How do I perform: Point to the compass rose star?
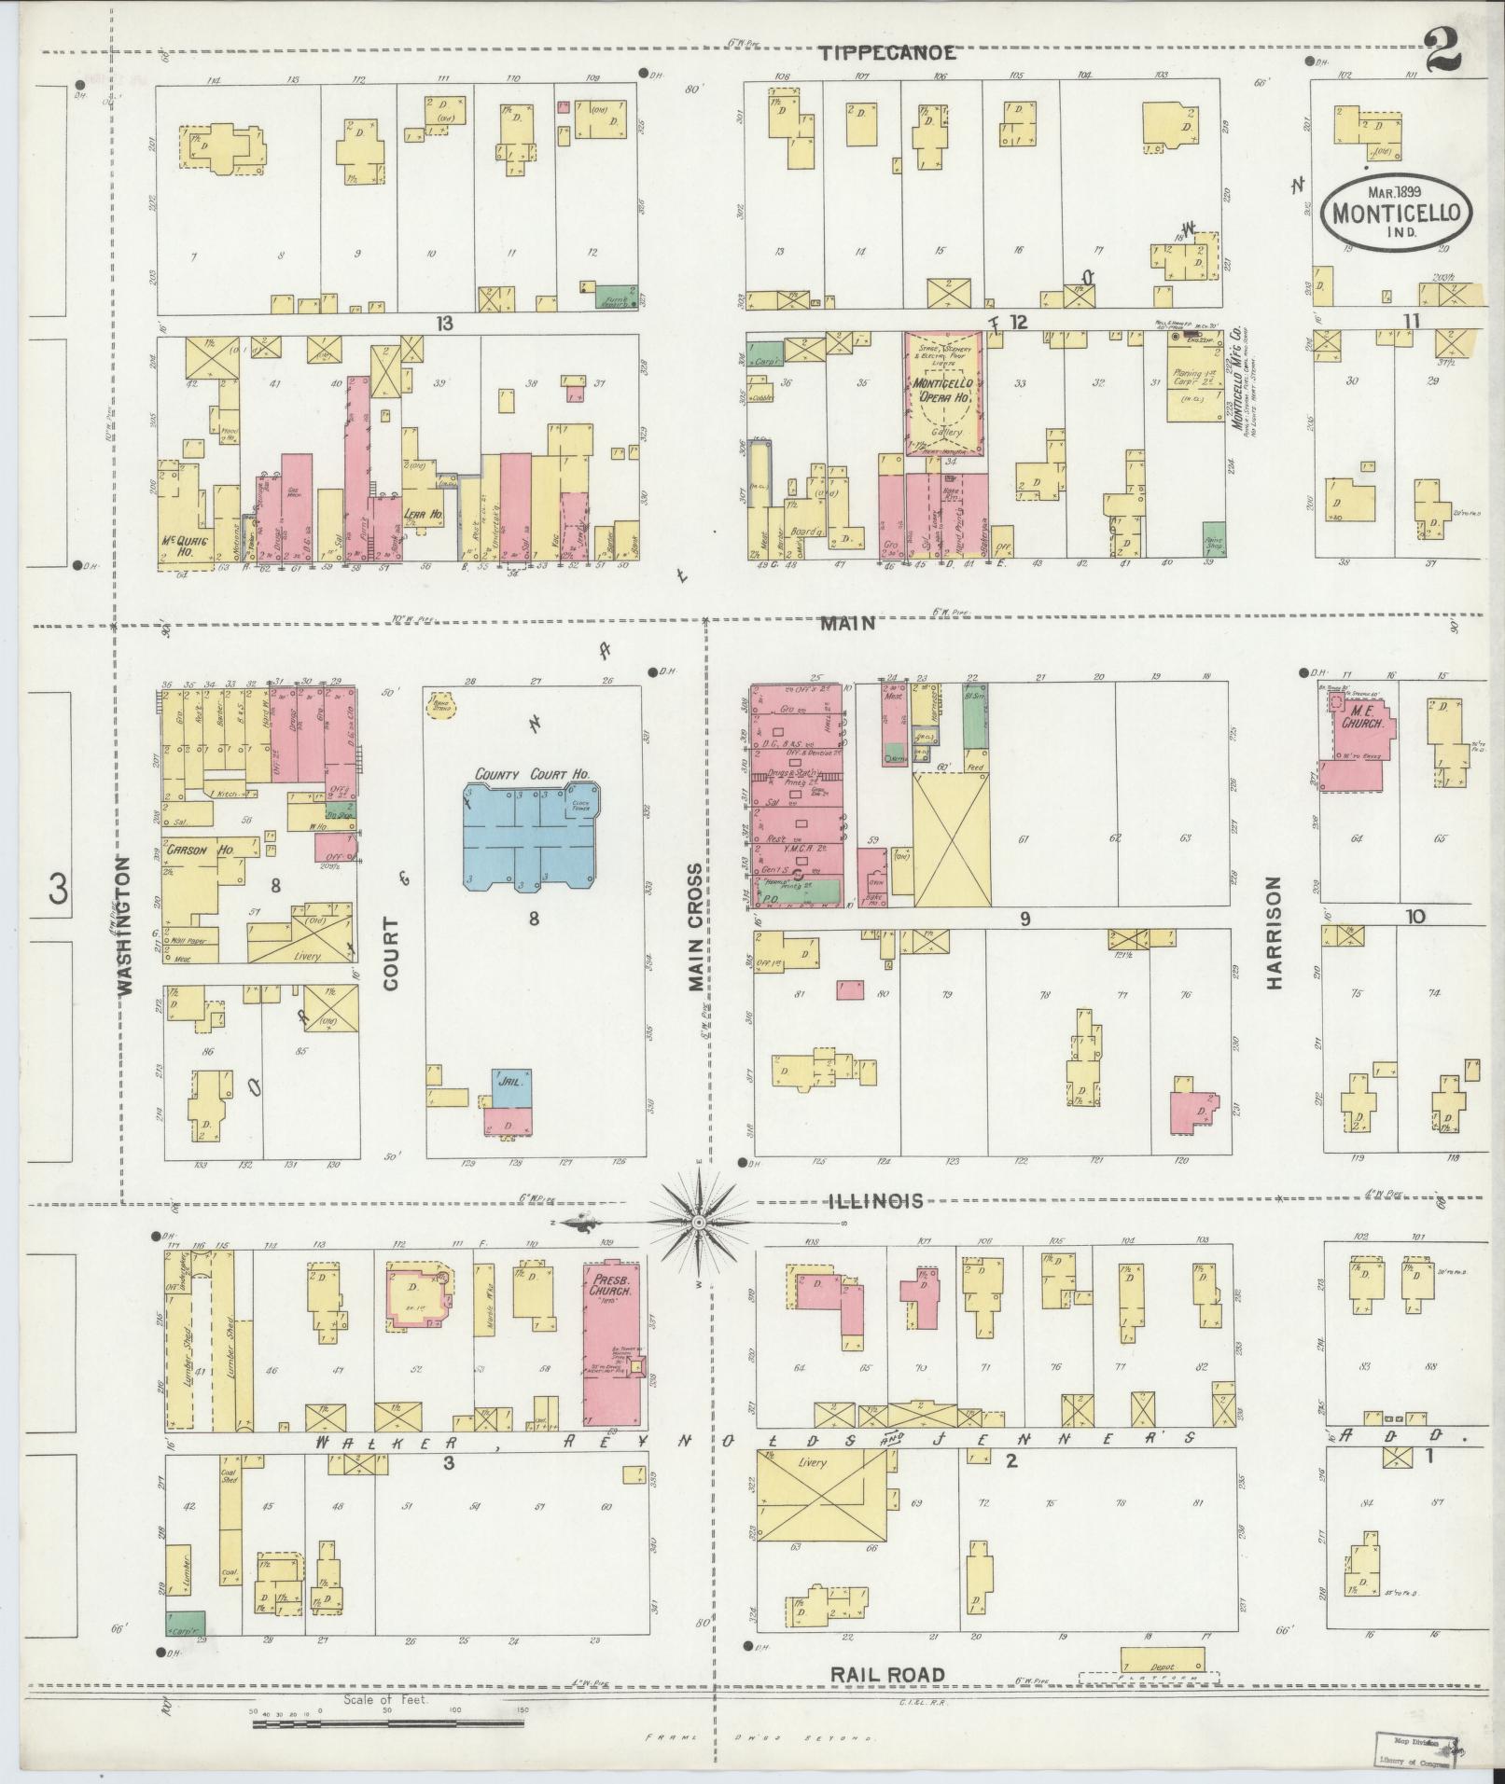click(x=699, y=1221)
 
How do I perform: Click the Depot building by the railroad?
click(x=1162, y=1659)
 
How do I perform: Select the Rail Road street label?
click(x=887, y=1675)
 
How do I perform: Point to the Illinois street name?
click(x=875, y=1201)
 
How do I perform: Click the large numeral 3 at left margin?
click(x=58, y=890)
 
